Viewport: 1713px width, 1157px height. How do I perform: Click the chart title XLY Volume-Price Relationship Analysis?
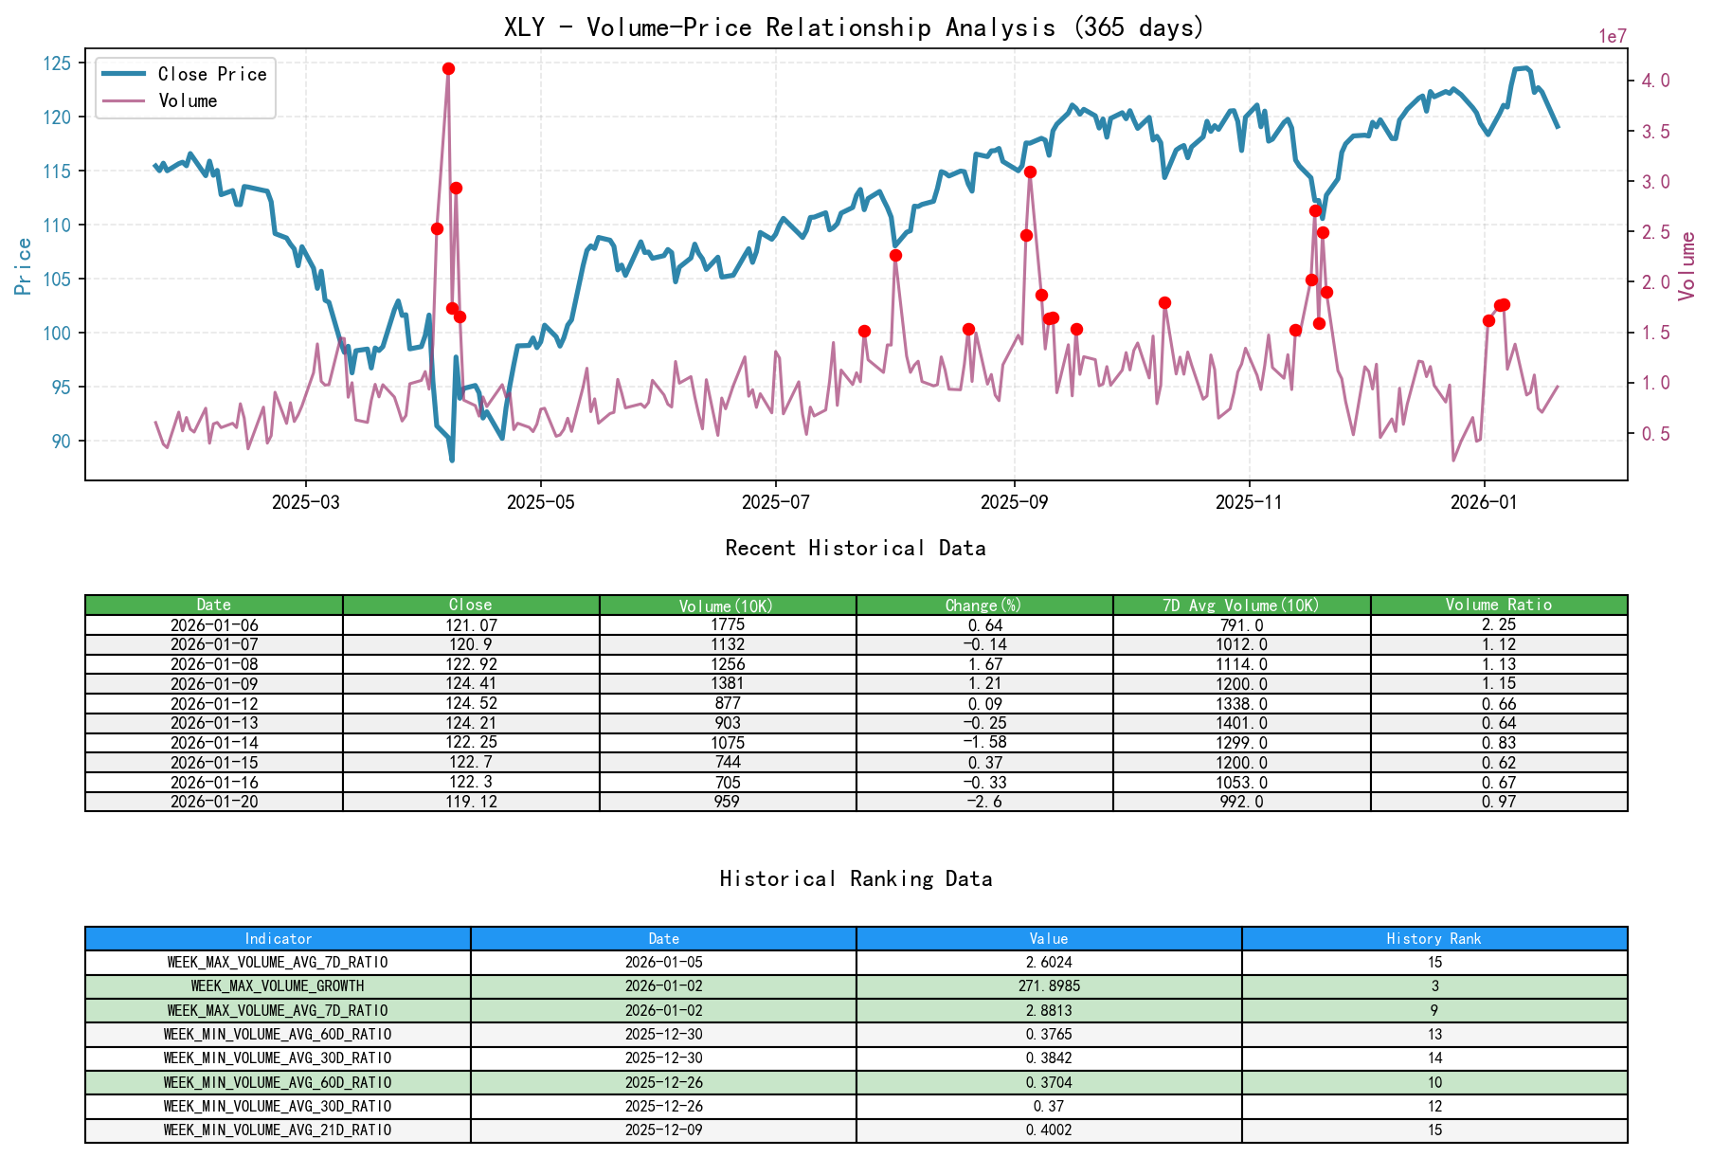click(x=854, y=27)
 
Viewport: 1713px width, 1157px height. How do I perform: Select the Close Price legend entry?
click(x=211, y=74)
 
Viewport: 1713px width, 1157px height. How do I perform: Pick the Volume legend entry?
click(x=188, y=100)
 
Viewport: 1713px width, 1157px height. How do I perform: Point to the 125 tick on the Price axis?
click(x=57, y=63)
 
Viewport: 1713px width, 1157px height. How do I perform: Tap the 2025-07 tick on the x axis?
click(x=775, y=502)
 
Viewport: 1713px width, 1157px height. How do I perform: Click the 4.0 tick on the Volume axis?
click(x=1655, y=81)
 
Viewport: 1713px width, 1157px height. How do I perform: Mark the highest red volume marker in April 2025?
click(x=448, y=68)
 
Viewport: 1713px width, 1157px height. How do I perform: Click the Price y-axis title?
click(x=24, y=266)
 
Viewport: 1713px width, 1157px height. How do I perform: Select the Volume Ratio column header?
click(x=1498, y=605)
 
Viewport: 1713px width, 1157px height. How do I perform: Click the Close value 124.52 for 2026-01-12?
click(x=471, y=703)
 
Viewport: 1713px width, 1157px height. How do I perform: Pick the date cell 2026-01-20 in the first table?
click(x=214, y=802)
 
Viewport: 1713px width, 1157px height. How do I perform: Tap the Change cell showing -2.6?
click(x=984, y=802)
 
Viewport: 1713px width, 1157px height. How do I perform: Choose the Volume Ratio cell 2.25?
click(x=1498, y=624)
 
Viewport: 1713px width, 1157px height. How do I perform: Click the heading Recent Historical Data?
click(x=855, y=548)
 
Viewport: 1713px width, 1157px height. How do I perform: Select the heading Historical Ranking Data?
click(x=855, y=878)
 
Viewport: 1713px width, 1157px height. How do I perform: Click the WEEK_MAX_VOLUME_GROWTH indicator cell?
click(x=278, y=985)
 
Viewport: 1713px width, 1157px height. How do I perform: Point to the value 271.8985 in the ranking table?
click(x=1049, y=985)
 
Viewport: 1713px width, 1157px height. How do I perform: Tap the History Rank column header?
click(x=1434, y=938)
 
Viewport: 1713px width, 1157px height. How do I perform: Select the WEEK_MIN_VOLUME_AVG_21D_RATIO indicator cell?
click(x=278, y=1130)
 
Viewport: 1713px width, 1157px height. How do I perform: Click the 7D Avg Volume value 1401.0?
click(x=1241, y=723)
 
